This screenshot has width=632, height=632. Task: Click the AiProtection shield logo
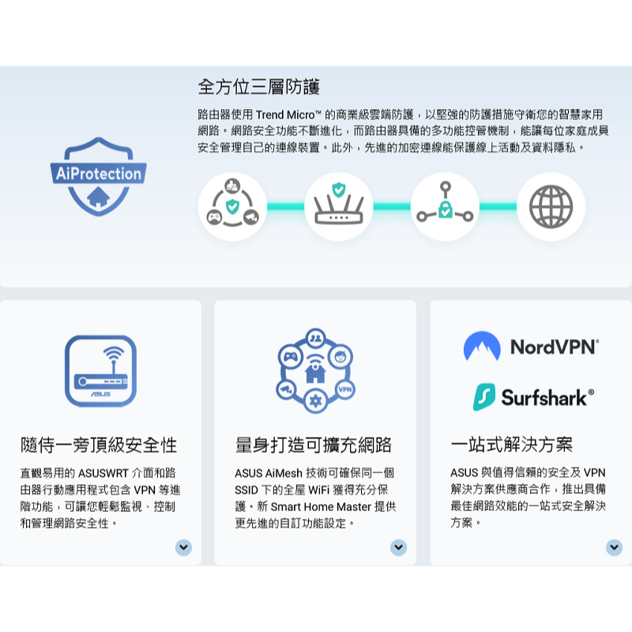pos(98,176)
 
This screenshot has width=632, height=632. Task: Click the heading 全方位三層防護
pos(258,86)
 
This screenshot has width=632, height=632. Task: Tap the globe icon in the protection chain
pos(551,207)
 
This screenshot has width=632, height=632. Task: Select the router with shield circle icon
pos(338,207)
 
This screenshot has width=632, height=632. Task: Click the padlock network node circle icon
pos(445,207)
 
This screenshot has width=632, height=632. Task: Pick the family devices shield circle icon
pos(232,207)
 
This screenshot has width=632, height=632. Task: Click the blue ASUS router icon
pos(100,371)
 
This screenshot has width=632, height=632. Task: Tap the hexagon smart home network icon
pos(315,371)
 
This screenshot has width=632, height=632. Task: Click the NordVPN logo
pos(531,346)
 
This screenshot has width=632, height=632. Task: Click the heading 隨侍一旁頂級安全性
pos(99,445)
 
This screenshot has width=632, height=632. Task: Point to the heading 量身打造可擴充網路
pos(314,445)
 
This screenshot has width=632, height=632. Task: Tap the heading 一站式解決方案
pos(512,445)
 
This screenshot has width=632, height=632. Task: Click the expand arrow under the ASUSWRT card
pos(183,547)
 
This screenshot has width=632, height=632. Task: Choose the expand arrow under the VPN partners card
pos(614,547)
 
